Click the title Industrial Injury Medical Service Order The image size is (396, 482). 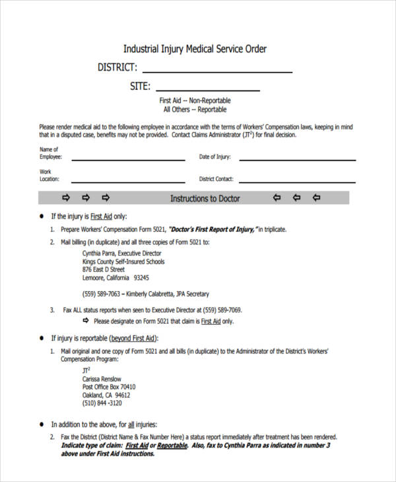[x=195, y=49]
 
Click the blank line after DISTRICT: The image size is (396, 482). [x=217, y=71]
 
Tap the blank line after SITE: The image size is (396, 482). [x=208, y=90]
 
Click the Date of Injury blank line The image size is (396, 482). [x=296, y=160]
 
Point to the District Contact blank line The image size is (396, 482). [x=296, y=182]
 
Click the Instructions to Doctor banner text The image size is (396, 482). [x=205, y=198]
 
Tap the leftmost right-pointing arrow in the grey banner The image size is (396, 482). [x=65, y=198]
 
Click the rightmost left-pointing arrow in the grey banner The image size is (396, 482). [x=316, y=198]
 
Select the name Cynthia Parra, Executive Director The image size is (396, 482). [x=122, y=252]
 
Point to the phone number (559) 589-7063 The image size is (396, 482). [x=101, y=294]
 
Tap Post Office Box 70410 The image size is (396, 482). [x=109, y=386]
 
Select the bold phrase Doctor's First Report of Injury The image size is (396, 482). [x=211, y=229]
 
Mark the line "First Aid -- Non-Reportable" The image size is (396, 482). [x=195, y=100]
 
